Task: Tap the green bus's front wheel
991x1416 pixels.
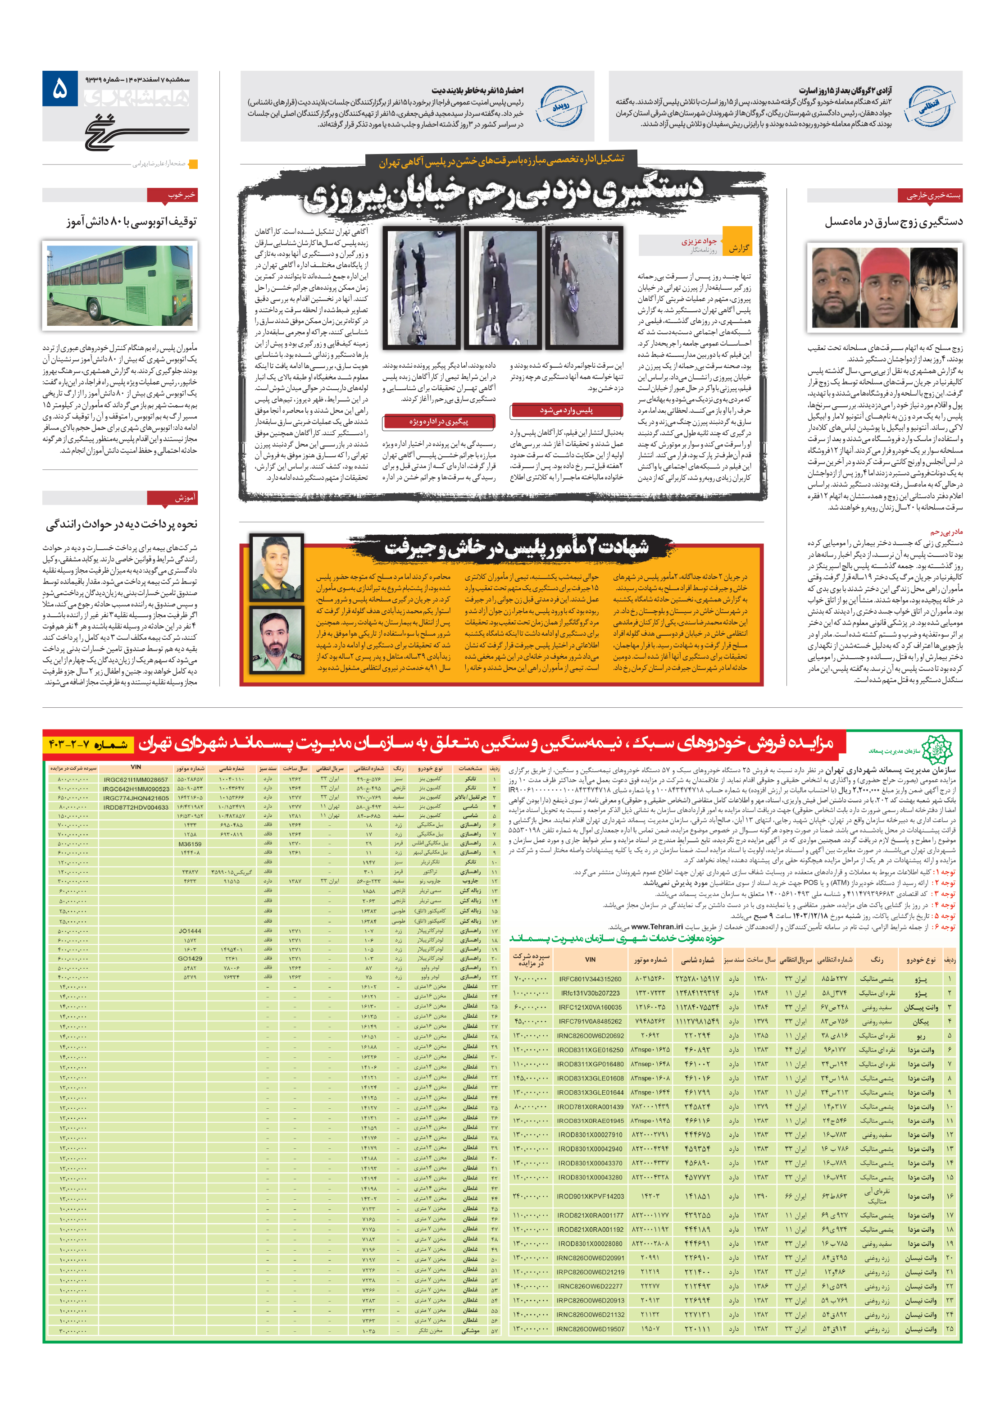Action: click(95, 307)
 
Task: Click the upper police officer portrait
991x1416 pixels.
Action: click(276, 567)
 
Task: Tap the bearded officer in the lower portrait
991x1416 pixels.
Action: click(276, 639)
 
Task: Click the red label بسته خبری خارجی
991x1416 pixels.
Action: click(929, 195)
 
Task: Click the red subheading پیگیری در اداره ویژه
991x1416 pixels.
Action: click(438, 422)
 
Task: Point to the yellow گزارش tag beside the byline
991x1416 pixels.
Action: click(737, 248)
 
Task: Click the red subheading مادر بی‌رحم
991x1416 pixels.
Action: click(946, 531)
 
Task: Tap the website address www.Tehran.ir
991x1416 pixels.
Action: click(657, 926)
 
